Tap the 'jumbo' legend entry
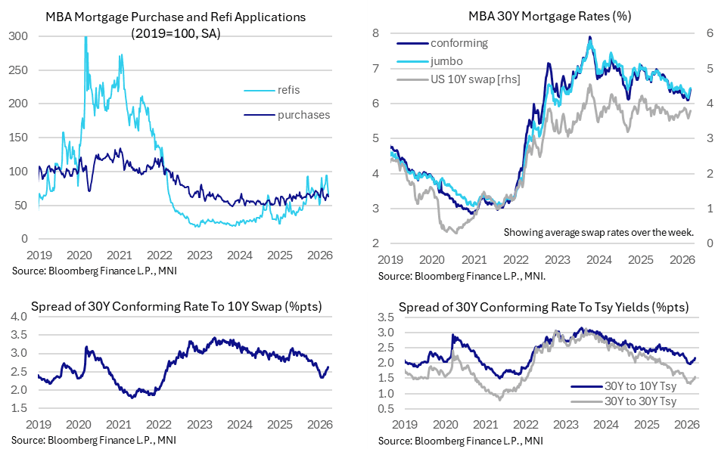point(447,61)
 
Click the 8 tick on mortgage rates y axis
point(374,34)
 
